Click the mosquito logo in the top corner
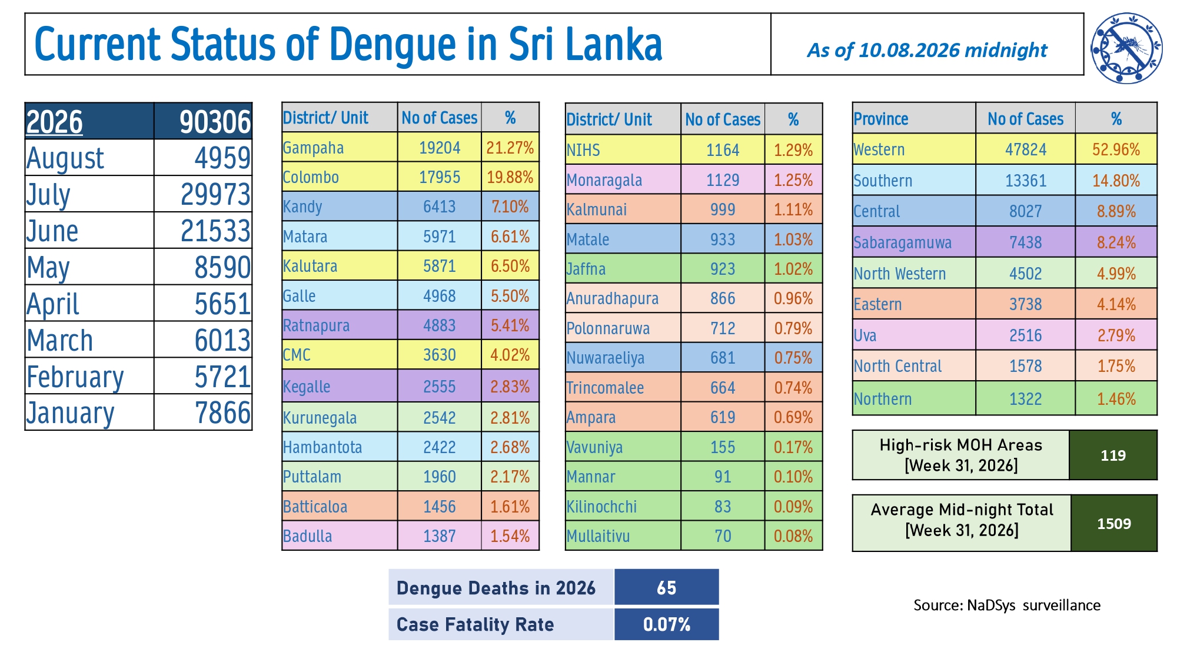tap(1126, 48)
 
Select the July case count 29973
tap(215, 194)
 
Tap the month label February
tap(75, 377)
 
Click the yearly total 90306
tap(215, 122)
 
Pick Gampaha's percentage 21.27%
tap(510, 147)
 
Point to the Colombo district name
tap(311, 177)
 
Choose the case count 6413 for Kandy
tap(440, 207)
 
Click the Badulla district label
tap(307, 536)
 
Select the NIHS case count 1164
tap(723, 150)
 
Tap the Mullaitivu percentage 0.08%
tap(793, 536)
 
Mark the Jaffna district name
tap(586, 269)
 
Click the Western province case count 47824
tap(1026, 149)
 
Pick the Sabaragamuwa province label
tap(902, 242)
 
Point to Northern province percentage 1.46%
tap(1116, 399)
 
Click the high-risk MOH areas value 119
tap(1113, 455)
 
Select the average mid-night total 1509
tap(1114, 523)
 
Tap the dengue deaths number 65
tap(666, 587)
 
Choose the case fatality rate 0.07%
tap(666, 624)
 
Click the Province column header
tap(881, 119)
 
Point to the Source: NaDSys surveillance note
tap(1007, 605)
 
